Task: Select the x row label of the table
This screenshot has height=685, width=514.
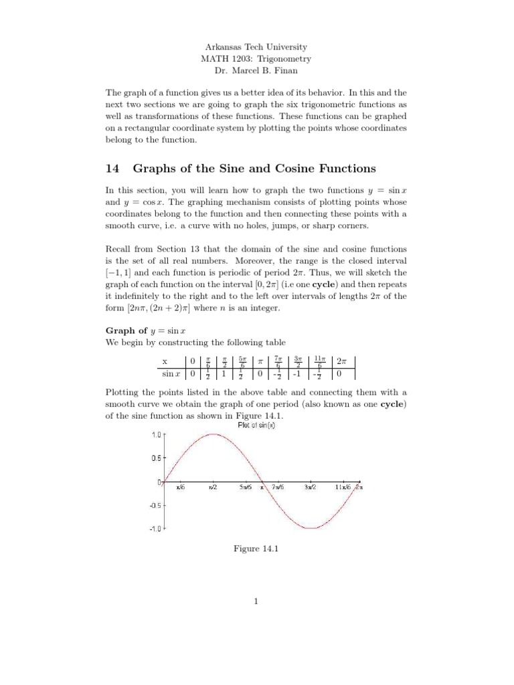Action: [165, 361]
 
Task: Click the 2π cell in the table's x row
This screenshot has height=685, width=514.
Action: [341, 361]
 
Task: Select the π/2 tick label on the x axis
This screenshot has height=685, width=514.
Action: [213, 488]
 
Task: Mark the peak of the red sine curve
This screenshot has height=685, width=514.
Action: [213, 434]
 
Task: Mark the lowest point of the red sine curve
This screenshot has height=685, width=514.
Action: [311, 528]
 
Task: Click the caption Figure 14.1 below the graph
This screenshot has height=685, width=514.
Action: [255, 549]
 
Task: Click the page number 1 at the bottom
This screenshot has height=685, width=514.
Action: [256, 601]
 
